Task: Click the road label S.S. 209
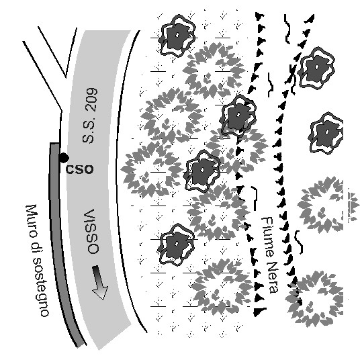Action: (x=90, y=116)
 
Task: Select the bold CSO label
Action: (x=80, y=169)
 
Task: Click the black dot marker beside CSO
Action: (x=64, y=158)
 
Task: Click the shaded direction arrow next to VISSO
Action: (x=99, y=282)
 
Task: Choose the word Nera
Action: (x=273, y=277)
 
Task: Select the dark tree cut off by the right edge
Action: (x=326, y=133)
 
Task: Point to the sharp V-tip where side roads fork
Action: (x=66, y=77)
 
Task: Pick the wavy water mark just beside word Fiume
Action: (x=254, y=197)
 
